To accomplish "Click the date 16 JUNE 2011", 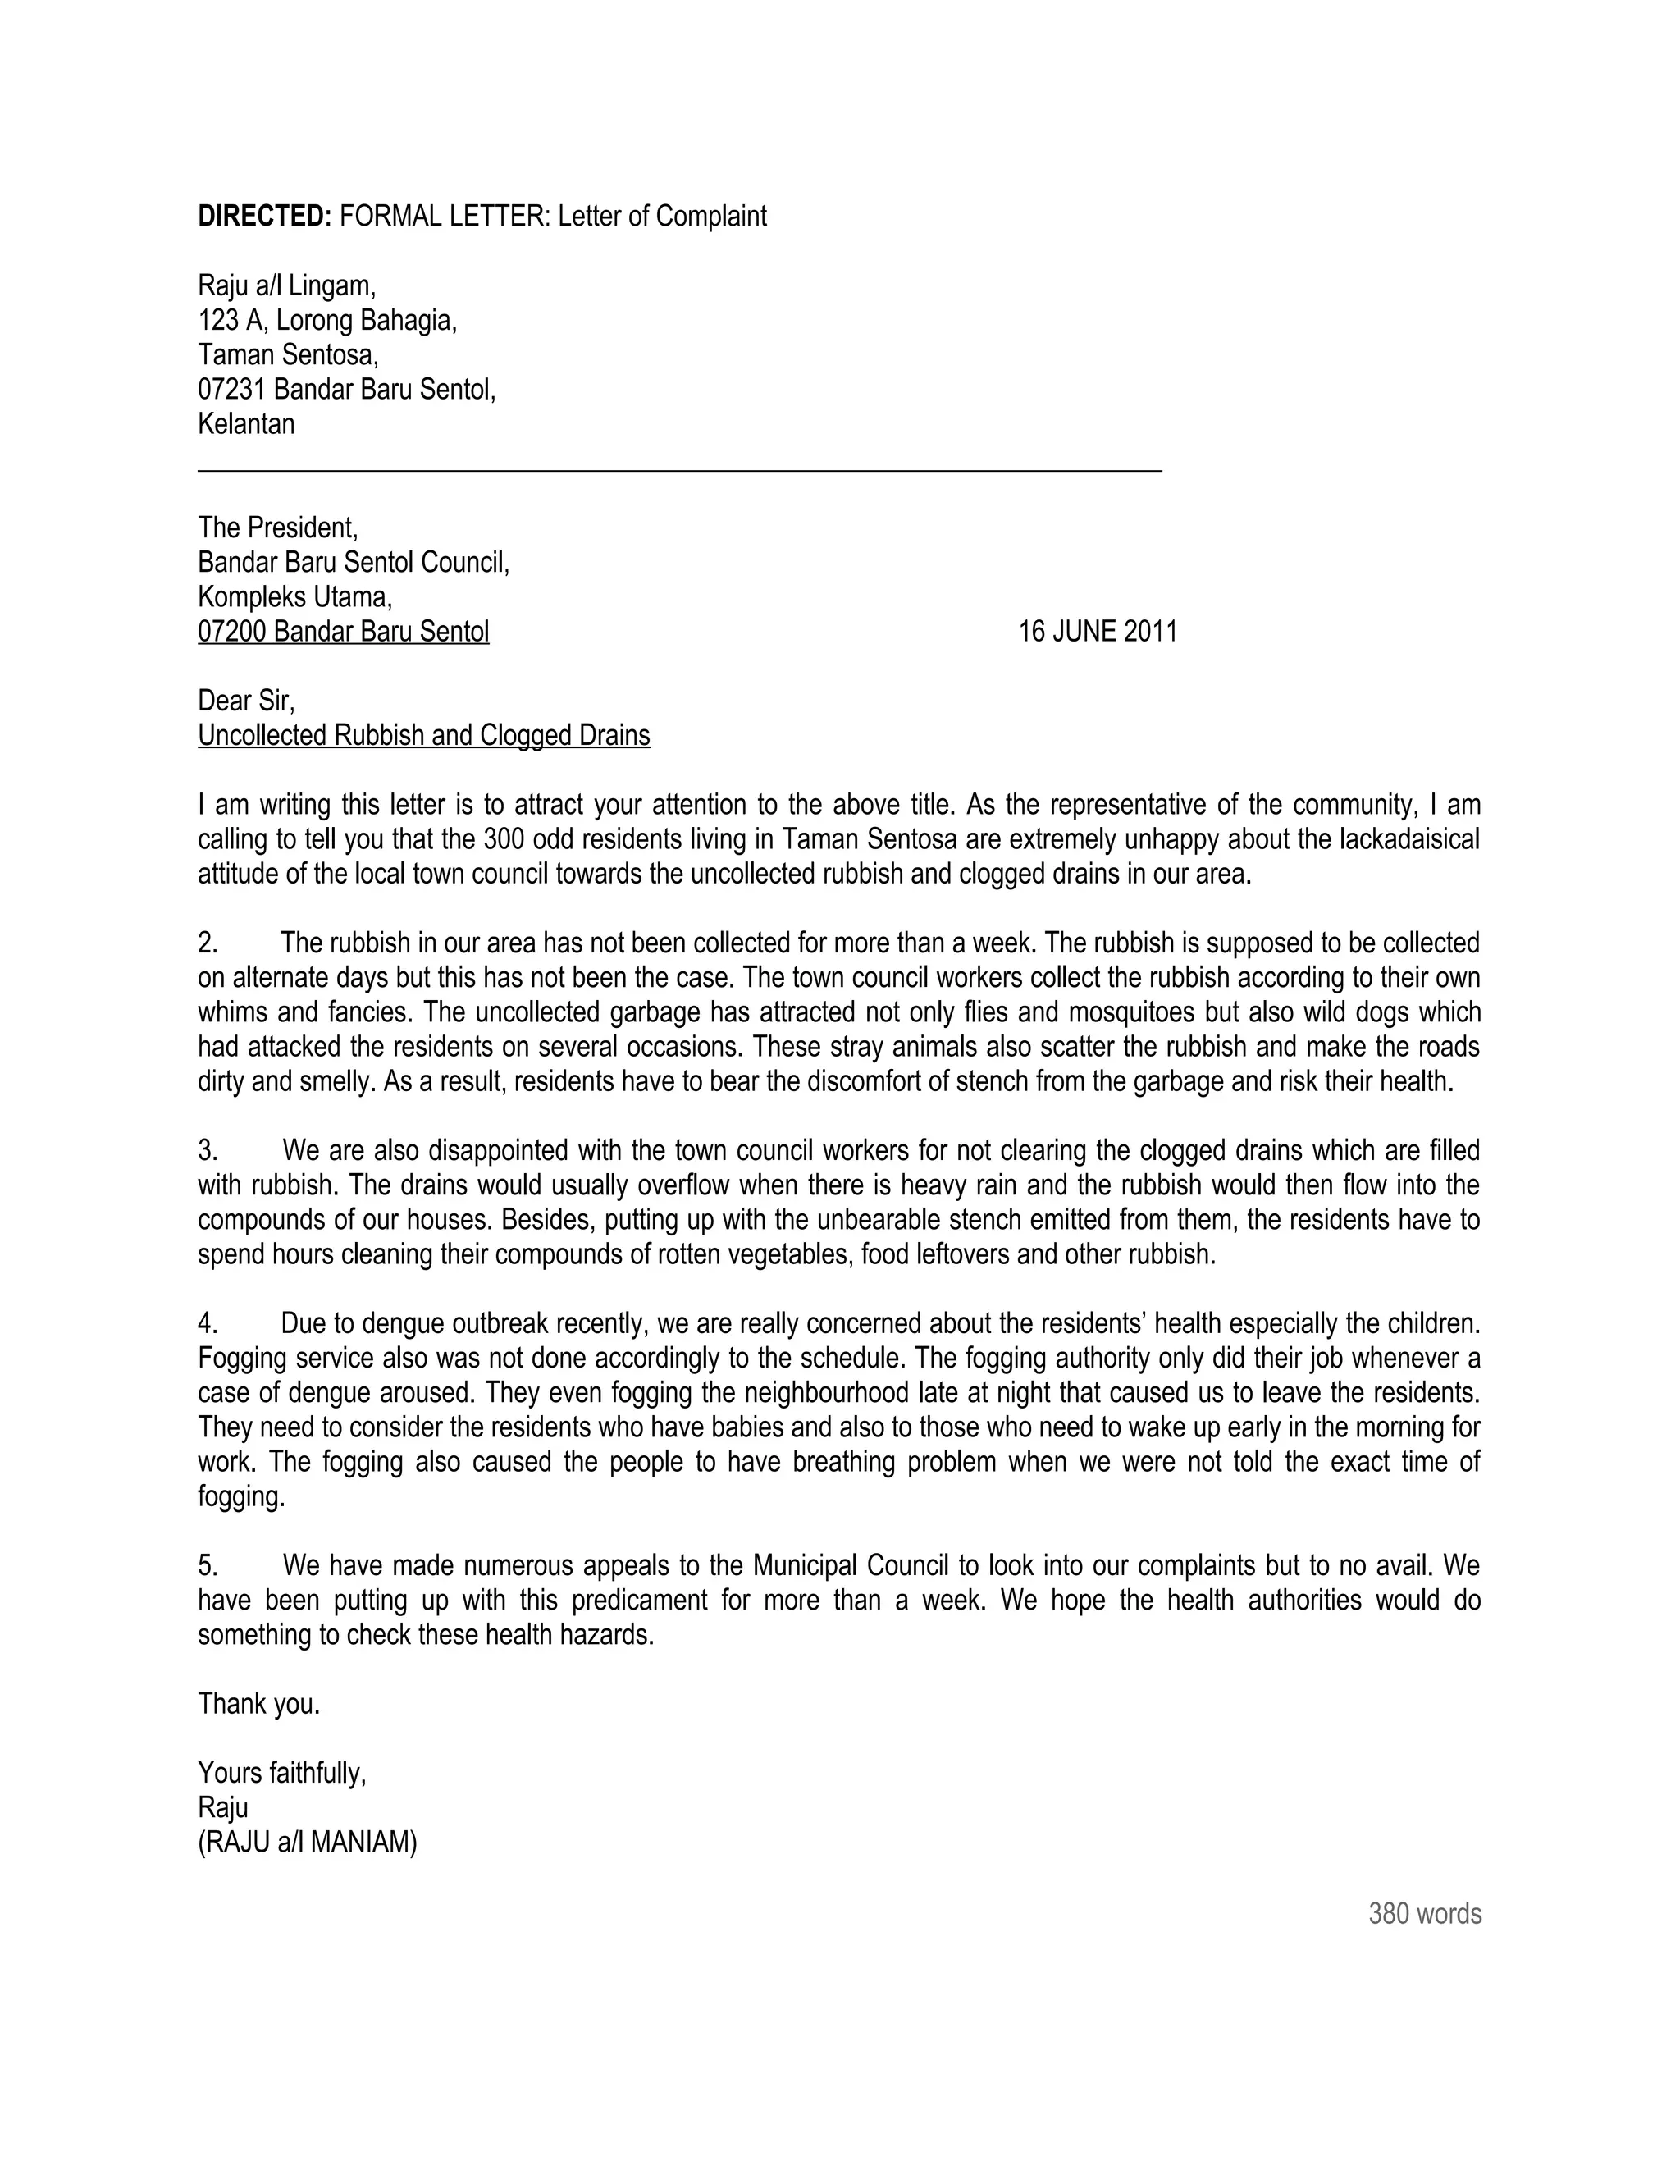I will coord(1097,631).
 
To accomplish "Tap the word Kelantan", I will coord(246,423).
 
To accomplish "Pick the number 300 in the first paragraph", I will coord(504,838).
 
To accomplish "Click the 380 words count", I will coord(1424,1912).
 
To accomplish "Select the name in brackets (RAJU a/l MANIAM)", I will coord(308,1842).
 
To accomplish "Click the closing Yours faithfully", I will coord(281,1773).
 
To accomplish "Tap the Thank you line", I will coord(258,1703).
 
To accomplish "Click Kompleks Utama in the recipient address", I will coord(294,596).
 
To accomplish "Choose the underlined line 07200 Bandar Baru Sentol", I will coord(344,631).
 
